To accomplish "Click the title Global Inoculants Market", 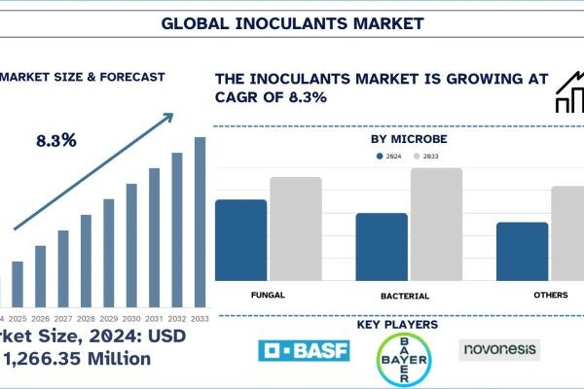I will click(291, 22).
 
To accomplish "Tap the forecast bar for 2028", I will click(86, 260).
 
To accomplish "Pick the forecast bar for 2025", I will click(18, 283).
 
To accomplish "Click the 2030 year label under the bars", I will click(131, 319).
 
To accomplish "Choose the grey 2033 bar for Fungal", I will click(295, 230).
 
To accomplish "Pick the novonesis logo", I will click(498, 348).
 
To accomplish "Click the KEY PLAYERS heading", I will click(397, 324).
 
